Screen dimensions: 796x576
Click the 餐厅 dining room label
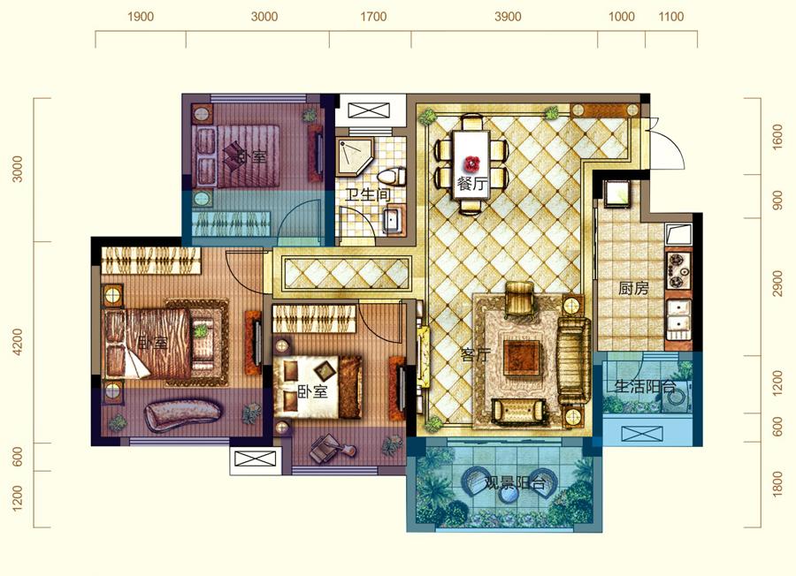point(472,184)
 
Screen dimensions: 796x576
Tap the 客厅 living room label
point(475,355)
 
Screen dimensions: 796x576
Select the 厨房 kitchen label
point(633,289)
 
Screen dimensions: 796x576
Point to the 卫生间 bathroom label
point(369,195)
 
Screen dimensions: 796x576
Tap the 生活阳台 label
point(646,388)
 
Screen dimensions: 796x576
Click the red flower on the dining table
point(472,163)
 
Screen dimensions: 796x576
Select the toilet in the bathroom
point(392,177)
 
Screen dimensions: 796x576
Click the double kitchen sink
point(678,319)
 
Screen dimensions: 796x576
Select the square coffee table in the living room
point(521,358)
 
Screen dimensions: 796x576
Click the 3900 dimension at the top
point(508,17)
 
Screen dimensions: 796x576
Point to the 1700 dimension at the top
point(373,17)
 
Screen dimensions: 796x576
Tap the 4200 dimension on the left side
point(18,342)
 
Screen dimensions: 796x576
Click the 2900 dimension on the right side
point(777,284)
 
